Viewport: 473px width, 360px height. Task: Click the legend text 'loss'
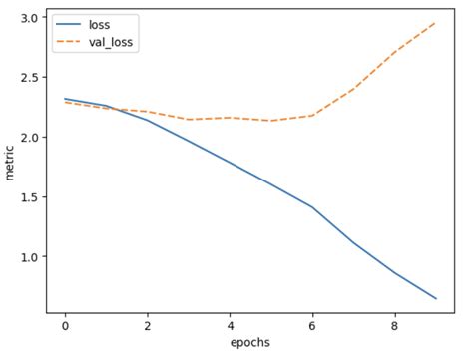pyautogui.click(x=100, y=23)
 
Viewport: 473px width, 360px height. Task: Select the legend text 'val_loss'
pyautogui.click(x=110, y=42)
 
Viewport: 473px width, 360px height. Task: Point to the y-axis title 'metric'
pyautogui.click(x=11, y=163)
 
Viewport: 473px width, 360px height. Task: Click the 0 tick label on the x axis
pyautogui.click(x=65, y=325)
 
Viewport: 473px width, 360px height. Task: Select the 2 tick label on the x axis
pyautogui.click(x=148, y=325)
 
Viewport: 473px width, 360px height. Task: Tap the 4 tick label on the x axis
pyautogui.click(x=230, y=325)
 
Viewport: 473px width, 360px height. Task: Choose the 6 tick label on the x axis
pyautogui.click(x=312, y=325)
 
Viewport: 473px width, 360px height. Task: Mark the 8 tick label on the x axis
pyautogui.click(x=394, y=325)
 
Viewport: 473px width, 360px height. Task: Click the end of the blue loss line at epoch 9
pyautogui.click(x=436, y=298)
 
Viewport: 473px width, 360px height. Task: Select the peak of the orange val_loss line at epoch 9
pyautogui.click(x=436, y=22)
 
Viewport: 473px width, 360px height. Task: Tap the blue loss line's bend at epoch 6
pyautogui.click(x=312, y=207)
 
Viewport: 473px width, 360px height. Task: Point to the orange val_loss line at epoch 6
pyautogui.click(x=312, y=115)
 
